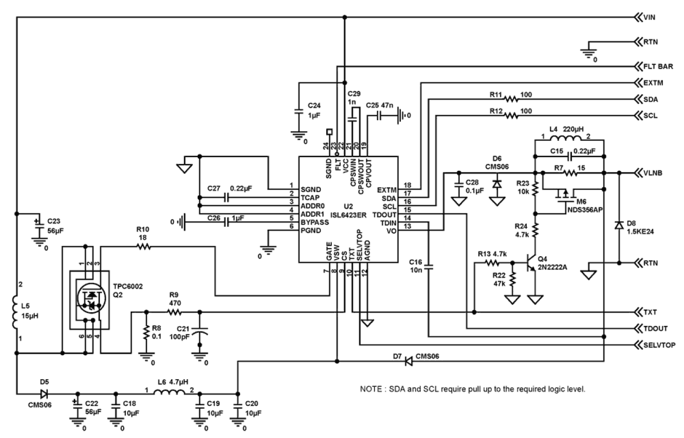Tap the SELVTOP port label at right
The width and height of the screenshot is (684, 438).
[661, 345]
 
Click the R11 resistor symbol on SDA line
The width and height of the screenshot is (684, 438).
[512, 99]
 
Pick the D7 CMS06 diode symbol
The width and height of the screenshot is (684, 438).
[408, 362]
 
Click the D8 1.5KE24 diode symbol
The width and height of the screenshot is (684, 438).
[619, 225]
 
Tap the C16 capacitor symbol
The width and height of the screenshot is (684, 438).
[429, 268]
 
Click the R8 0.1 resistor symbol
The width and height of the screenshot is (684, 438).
[146, 333]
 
